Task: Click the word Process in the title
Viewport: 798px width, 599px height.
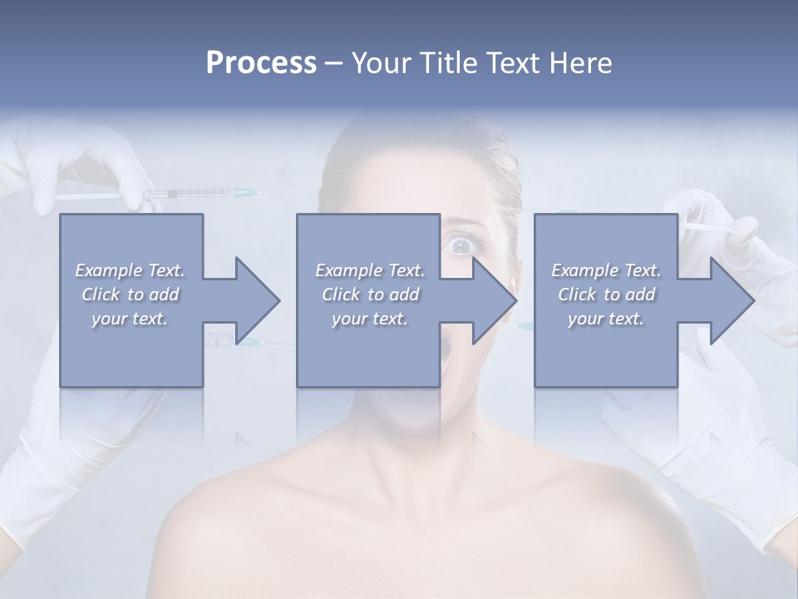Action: click(x=261, y=63)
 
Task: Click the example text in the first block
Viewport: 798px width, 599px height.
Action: click(x=131, y=294)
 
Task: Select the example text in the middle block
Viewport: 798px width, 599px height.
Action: click(x=370, y=294)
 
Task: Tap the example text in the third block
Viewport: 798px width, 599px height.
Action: click(x=606, y=294)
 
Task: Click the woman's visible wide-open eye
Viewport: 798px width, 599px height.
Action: click(x=460, y=245)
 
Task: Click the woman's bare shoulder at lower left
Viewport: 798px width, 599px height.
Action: click(x=241, y=516)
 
